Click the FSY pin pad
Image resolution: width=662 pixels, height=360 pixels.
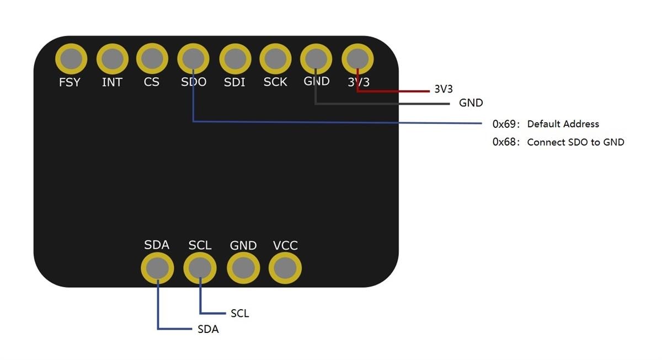pyautogui.click(x=71, y=58)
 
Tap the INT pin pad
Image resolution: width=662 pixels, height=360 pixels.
pyautogui.click(x=112, y=58)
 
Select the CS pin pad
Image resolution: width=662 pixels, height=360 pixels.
pyautogui.click(x=152, y=58)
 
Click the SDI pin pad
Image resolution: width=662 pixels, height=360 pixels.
pyautogui.click(x=235, y=58)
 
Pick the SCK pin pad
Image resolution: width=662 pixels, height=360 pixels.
pyautogui.click(x=275, y=58)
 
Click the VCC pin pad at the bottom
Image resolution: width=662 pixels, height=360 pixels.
pyautogui.click(x=285, y=268)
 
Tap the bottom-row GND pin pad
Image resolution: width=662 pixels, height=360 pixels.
pyautogui.click(x=243, y=268)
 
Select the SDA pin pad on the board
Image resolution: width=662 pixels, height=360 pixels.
pyautogui.click(x=157, y=268)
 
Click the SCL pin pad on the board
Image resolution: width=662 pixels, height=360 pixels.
pyautogui.click(x=200, y=268)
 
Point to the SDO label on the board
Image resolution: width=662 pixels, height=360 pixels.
pyautogui.click(x=194, y=82)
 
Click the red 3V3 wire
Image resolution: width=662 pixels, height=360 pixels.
pyautogui.click(x=397, y=91)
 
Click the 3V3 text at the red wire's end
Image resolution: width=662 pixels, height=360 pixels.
pyautogui.click(x=444, y=89)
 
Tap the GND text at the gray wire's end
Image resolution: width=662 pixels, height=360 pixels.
pyautogui.click(x=471, y=103)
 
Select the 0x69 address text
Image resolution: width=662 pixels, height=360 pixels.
pyautogui.click(x=504, y=124)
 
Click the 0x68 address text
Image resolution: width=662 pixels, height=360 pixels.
pyautogui.click(x=504, y=142)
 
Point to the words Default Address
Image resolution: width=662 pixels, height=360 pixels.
pyautogui.click(x=563, y=124)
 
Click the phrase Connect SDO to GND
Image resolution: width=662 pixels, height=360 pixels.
pyautogui.click(x=575, y=142)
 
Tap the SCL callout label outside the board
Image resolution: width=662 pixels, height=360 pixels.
pyautogui.click(x=240, y=314)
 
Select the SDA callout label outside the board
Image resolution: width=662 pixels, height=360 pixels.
pyautogui.click(x=208, y=330)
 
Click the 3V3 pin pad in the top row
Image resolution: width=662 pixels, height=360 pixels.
pyautogui.click(x=357, y=58)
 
